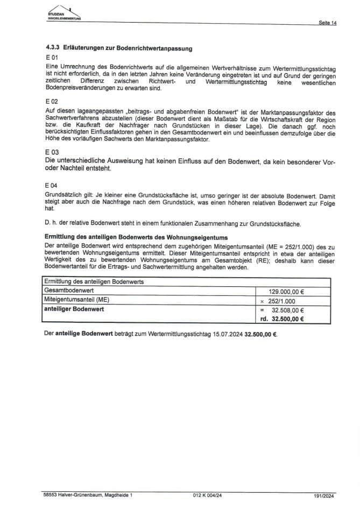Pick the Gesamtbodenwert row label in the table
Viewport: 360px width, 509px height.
point(67,291)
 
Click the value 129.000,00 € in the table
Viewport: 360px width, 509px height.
point(286,291)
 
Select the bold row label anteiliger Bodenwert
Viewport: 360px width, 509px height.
point(74,309)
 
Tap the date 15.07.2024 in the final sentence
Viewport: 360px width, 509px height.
point(225,334)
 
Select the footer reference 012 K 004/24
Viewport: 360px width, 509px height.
point(207,494)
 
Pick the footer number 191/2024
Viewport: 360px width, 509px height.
point(325,494)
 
